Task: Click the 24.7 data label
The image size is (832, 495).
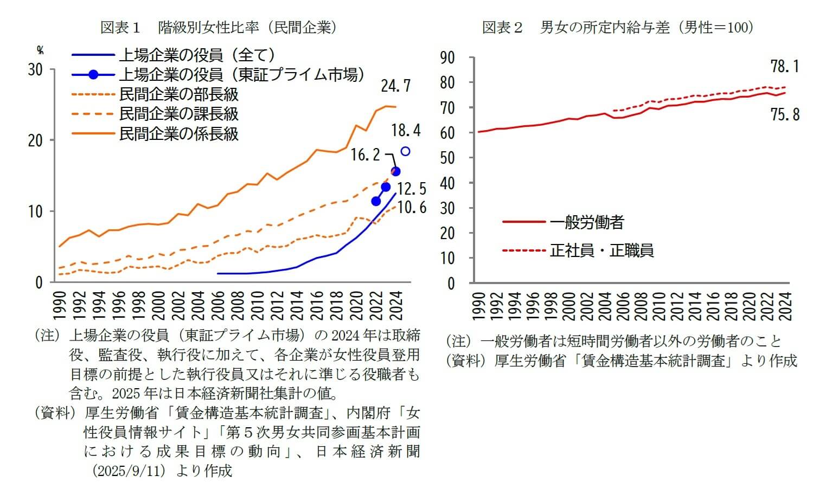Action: tap(395, 86)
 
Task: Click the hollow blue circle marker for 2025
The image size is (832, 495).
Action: tap(405, 151)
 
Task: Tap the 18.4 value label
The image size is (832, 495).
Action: tap(406, 130)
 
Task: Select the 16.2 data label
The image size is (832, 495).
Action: tap(366, 155)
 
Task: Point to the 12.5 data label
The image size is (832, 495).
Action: tap(411, 189)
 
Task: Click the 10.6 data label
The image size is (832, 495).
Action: tap(411, 207)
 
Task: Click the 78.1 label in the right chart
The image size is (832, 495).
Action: tap(785, 67)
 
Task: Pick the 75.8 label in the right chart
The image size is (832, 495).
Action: tap(785, 114)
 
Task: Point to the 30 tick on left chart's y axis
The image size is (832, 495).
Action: tap(35, 70)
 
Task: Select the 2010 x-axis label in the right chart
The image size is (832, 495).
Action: tap(658, 306)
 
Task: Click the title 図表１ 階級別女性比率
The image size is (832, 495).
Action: tap(218, 28)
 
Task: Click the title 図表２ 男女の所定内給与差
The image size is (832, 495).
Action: tap(618, 28)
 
